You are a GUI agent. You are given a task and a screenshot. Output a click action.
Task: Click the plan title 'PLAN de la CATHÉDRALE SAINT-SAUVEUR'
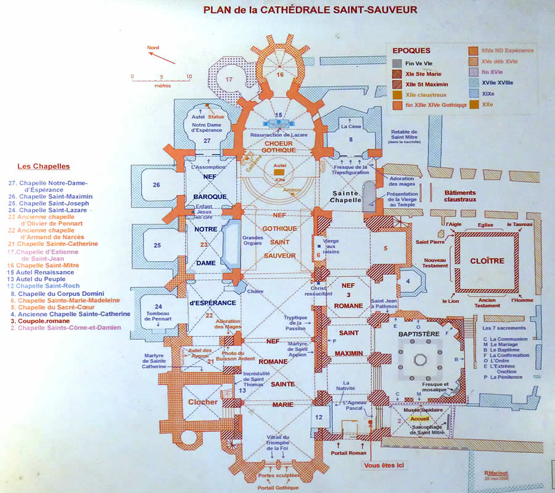(310, 9)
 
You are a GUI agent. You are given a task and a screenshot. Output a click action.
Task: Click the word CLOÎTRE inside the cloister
(488, 261)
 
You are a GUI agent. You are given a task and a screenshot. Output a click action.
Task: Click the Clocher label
(203, 402)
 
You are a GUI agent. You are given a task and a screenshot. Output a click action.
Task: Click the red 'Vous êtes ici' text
(384, 467)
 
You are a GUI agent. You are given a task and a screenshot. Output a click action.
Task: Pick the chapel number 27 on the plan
(207, 142)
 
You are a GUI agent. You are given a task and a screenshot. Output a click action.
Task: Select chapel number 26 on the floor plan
(157, 185)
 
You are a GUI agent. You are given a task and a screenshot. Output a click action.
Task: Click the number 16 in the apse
(279, 75)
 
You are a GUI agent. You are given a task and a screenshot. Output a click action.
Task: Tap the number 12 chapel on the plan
(319, 417)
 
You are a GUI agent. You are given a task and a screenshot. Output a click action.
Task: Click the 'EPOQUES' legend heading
(411, 51)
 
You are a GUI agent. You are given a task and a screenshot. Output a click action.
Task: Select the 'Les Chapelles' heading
(43, 166)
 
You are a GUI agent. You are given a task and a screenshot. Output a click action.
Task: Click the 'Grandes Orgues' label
(252, 240)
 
